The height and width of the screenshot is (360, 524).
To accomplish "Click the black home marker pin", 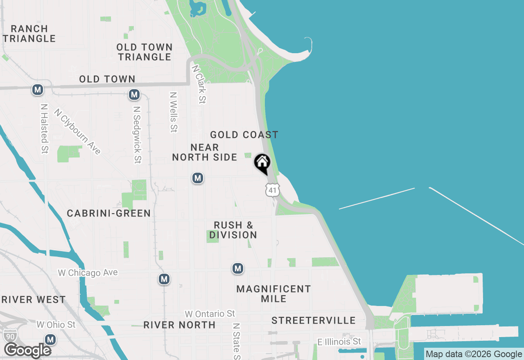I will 262,163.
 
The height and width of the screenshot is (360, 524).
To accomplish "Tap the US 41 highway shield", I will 272,189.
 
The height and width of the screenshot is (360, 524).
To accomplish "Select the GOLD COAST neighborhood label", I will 244,135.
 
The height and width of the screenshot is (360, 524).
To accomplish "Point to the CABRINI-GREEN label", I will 108,213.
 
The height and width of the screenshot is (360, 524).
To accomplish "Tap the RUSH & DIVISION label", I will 233,230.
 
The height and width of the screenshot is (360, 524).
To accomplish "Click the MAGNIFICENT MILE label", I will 273,294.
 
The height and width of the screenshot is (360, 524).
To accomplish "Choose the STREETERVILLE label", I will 313,320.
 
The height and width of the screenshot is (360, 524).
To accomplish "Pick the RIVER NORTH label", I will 179,325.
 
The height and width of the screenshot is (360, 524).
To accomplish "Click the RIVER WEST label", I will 34,299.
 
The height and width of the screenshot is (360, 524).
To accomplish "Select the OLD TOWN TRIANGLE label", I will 145,52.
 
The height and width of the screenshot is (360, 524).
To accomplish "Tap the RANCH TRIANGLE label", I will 29,34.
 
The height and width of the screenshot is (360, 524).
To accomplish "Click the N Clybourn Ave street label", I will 77,132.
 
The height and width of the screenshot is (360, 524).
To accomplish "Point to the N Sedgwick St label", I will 137,135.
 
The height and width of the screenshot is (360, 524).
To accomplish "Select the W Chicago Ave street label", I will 88,273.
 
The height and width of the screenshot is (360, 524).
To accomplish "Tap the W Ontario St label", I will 210,314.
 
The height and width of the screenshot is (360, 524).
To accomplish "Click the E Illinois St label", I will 339,341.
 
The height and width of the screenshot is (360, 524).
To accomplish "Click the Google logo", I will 27,351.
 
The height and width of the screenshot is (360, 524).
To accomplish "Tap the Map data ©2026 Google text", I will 474,354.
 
